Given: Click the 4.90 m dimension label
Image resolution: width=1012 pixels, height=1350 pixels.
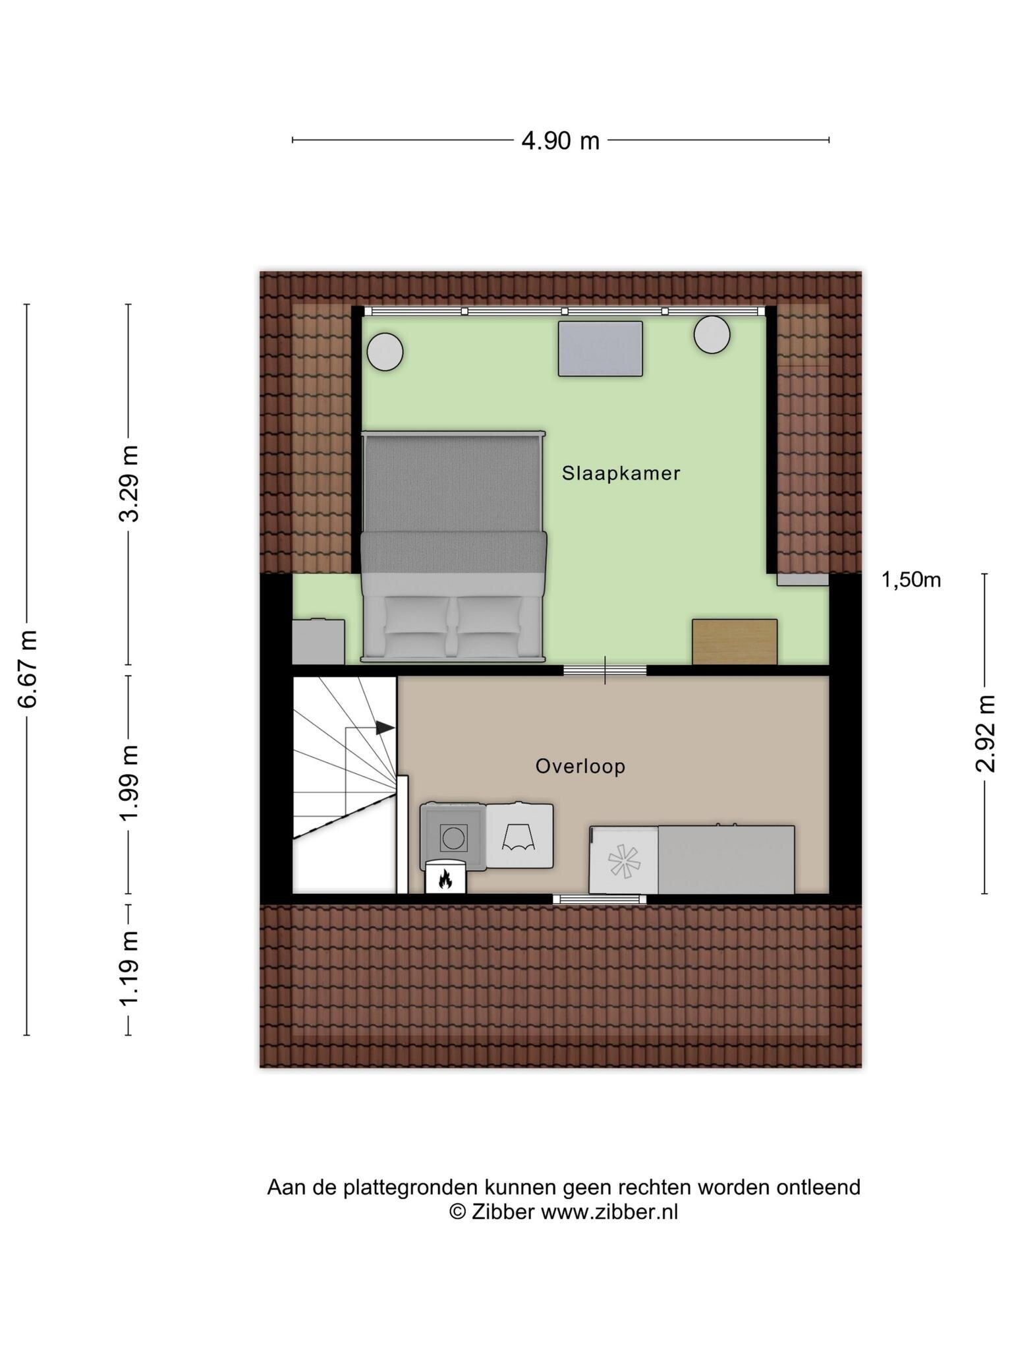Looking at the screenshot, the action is pyautogui.click(x=560, y=140).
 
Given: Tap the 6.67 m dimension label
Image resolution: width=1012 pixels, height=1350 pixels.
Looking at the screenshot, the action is pyautogui.click(x=28, y=668).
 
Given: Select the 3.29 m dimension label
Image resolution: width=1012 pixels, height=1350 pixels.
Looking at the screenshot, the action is pyautogui.click(x=130, y=483).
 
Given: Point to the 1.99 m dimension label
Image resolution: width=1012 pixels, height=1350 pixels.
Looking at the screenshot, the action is pyautogui.click(x=130, y=782).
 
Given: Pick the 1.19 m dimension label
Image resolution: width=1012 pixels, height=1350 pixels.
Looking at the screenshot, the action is pyautogui.click(x=130, y=968).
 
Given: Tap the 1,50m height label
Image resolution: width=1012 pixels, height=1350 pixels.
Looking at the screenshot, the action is pyautogui.click(x=911, y=580).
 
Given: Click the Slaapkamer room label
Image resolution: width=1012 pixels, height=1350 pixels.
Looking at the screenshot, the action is pyautogui.click(x=621, y=473).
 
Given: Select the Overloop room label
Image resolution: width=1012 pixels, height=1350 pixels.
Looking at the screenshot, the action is pyautogui.click(x=580, y=766).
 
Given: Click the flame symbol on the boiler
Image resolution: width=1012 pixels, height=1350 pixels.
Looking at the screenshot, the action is pyautogui.click(x=445, y=879).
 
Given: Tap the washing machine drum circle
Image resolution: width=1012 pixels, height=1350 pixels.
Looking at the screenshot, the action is pyautogui.click(x=453, y=838).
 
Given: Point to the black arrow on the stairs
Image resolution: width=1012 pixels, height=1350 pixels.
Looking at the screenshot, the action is pyautogui.click(x=385, y=728).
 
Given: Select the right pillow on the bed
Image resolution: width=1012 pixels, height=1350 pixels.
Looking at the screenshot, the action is pyautogui.click(x=488, y=616).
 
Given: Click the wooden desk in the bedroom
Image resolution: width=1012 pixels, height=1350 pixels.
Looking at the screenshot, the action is pyautogui.click(x=735, y=641).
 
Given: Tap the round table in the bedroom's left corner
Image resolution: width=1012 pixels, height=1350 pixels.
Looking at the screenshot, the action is pyautogui.click(x=385, y=351).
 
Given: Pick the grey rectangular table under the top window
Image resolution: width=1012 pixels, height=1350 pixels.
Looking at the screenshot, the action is pyautogui.click(x=600, y=349).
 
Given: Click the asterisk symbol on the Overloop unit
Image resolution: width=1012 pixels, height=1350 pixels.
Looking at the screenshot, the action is pyautogui.click(x=623, y=860).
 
